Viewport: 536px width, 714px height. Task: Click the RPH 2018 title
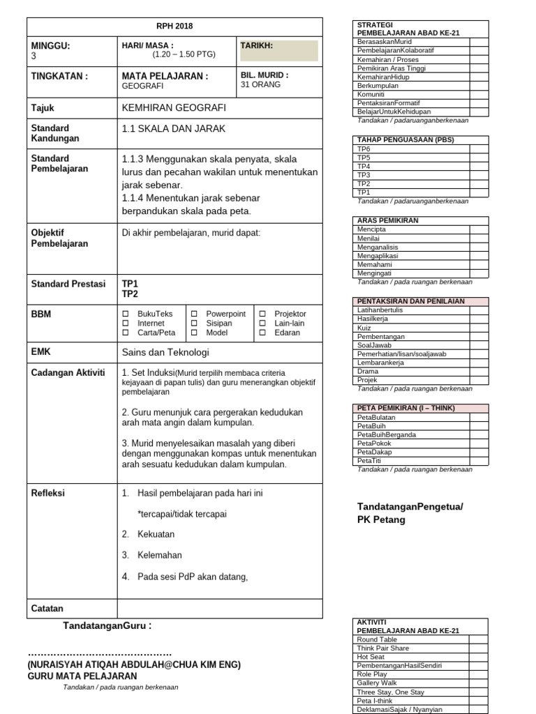pos(175,26)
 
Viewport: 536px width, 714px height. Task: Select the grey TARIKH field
pos(278,51)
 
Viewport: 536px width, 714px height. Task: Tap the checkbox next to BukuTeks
pos(126,314)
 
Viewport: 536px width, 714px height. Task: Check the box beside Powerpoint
pos(194,314)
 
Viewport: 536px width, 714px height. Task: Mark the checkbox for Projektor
pos(262,314)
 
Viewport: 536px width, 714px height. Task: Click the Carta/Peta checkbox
pos(126,333)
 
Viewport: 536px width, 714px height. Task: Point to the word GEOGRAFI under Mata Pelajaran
pos(143,86)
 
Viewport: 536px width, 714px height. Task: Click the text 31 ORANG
pos(260,85)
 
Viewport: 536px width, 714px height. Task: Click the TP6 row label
pos(364,149)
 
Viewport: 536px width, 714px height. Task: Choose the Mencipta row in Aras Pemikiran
pos(371,229)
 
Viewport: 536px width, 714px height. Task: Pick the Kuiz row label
pos(364,327)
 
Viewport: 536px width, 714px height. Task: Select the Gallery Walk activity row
pos(377,683)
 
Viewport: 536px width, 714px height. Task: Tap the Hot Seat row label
pos(370,657)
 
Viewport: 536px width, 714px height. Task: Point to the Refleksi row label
pos(48,493)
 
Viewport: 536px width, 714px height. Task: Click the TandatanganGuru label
pos(107,626)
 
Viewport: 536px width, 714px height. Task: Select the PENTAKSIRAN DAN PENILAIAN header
pos(411,301)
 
